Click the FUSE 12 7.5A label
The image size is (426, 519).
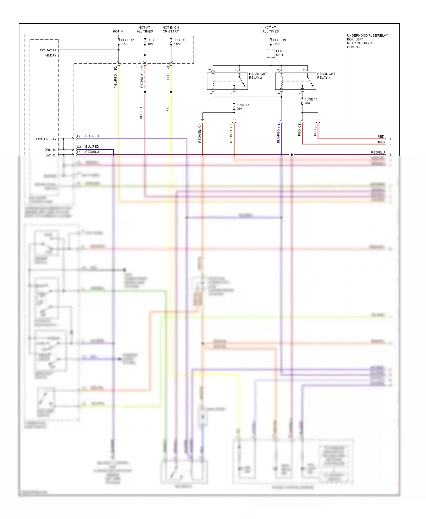pos(127,42)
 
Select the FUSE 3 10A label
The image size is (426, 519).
pos(153,42)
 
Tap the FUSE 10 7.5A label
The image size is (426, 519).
pos(179,42)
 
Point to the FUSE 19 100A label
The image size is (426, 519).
pos(279,42)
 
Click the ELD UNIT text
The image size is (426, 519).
pos(279,53)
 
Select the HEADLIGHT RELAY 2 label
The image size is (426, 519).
pos(258,76)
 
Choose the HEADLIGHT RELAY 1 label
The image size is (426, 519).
pos(326,76)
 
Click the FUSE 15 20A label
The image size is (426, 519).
pos(243,107)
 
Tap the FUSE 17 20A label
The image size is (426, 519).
pos(310,101)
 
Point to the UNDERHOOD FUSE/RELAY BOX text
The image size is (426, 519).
pos(367,41)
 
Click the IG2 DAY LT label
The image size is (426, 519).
pos(48,50)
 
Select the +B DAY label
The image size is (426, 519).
pos(51,55)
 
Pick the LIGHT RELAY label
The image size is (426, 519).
pos(46,139)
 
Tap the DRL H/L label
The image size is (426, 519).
pos(50,150)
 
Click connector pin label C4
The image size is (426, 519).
pos(200,125)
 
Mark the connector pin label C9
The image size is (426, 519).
pos(316,125)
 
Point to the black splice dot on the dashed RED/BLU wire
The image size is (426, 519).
pos(145,92)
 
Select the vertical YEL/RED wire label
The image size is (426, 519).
pos(116,81)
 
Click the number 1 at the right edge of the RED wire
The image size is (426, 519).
pos(390,139)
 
